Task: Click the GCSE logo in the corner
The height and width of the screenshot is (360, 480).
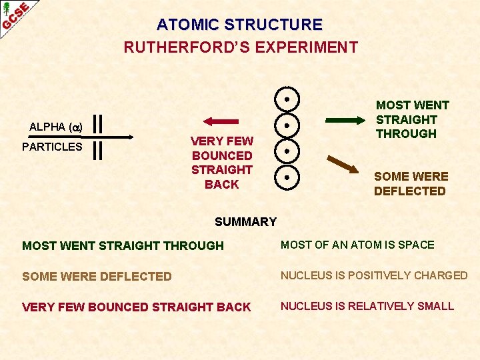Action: [x=15, y=15]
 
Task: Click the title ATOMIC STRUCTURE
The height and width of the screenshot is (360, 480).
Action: [x=239, y=25]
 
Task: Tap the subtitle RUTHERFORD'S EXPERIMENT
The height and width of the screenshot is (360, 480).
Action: [x=241, y=47]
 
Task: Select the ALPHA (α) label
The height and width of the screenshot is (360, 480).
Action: [x=55, y=127]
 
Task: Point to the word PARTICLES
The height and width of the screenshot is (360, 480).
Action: [x=52, y=147]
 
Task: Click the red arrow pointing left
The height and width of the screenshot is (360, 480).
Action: [x=221, y=121]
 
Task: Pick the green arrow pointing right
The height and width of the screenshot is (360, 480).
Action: [x=346, y=121]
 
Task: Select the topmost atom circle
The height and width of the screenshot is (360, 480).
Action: [x=286, y=100]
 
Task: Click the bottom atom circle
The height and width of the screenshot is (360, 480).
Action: [x=286, y=177]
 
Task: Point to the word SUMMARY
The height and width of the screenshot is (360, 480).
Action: [x=245, y=222]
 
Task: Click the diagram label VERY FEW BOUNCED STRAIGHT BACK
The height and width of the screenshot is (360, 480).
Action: [x=222, y=163]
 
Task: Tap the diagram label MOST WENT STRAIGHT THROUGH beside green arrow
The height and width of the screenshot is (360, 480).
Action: [x=412, y=119]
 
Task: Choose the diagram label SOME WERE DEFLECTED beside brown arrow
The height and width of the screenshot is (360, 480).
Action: [x=410, y=183]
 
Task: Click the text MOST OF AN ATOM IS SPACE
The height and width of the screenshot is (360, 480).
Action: [x=357, y=245]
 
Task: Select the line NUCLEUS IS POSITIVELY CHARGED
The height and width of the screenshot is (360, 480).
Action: [x=374, y=275]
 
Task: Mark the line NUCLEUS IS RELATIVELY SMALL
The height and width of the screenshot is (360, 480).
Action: [x=367, y=306]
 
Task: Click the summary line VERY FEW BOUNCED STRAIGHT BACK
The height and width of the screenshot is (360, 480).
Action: [x=137, y=307]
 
